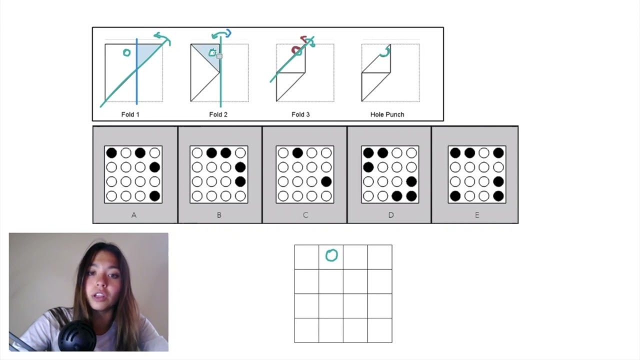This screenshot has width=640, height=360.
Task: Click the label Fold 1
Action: pyautogui.click(x=130, y=114)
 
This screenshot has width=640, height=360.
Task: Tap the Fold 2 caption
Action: pyautogui.click(x=218, y=114)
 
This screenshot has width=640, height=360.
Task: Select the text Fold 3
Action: pyautogui.click(x=300, y=114)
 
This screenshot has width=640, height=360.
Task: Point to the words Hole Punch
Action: pyautogui.click(x=387, y=114)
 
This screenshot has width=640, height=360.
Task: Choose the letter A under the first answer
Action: pyautogui.click(x=133, y=215)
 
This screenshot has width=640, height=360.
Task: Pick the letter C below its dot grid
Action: pyautogui.click(x=305, y=215)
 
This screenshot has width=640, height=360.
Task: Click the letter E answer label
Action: pyautogui.click(x=476, y=215)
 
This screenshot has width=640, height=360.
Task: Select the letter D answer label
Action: pyautogui.click(x=390, y=215)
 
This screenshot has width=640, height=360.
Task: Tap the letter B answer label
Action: pyautogui.click(x=219, y=215)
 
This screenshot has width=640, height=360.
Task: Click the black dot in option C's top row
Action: pyautogui.click(x=297, y=153)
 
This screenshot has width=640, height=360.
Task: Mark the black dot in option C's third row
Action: pyautogui.click(x=326, y=182)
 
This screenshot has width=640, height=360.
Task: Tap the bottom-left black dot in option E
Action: pyautogui.click(x=455, y=196)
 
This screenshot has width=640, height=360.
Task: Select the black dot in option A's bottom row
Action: pyautogui.click(x=154, y=196)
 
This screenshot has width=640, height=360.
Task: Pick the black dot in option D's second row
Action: pyautogui.click(x=368, y=167)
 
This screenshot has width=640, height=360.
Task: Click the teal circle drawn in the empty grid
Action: pyautogui.click(x=331, y=255)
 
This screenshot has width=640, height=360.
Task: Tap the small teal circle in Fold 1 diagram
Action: pyautogui.click(x=126, y=52)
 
